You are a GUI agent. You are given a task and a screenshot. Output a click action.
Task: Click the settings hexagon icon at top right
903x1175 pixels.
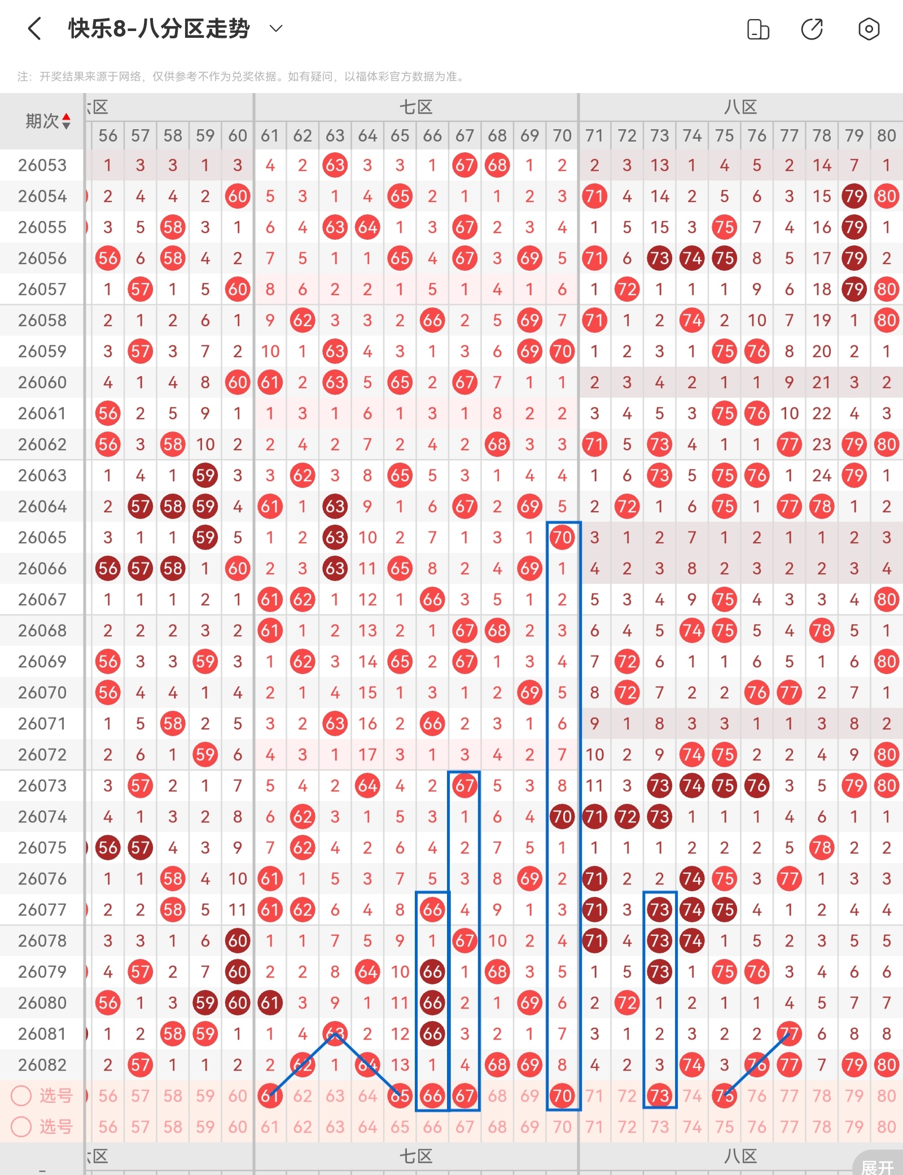click(869, 29)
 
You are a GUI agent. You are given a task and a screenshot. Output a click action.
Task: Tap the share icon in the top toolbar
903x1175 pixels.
click(812, 29)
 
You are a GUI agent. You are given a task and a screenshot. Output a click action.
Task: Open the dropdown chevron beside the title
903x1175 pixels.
click(276, 28)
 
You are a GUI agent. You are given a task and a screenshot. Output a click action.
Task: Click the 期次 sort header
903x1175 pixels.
click(48, 121)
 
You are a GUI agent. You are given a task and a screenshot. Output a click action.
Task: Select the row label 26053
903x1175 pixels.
click(42, 165)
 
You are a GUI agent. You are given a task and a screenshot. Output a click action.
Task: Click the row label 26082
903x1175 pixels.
click(42, 1065)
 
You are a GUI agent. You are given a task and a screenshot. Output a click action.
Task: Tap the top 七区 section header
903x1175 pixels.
click(416, 107)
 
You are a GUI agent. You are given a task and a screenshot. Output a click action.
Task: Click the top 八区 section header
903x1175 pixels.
click(740, 107)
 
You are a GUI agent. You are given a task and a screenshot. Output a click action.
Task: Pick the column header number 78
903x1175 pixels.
click(822, 135)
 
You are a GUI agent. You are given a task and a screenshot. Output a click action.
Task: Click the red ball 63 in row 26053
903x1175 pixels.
click(335, 165)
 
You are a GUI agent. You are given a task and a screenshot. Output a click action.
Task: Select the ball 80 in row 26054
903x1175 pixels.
click(886, 196)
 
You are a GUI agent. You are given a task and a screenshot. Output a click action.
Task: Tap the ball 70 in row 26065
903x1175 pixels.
click(562, 538)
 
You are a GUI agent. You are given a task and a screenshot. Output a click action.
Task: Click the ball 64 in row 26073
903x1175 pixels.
click(367, 786)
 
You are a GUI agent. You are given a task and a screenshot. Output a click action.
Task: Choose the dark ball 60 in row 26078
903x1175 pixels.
click(238, 941)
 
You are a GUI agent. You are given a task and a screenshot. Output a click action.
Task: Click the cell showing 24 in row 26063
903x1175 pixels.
click(822, 476)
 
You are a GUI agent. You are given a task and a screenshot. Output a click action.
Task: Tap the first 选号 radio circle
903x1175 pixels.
click(21, 1096)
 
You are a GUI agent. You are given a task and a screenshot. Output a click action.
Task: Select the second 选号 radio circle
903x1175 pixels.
click(21, 1127)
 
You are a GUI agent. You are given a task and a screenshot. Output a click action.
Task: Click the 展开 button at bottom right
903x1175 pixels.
click(878, 1167)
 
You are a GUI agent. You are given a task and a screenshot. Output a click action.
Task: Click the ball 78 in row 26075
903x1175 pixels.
click(822, 848)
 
